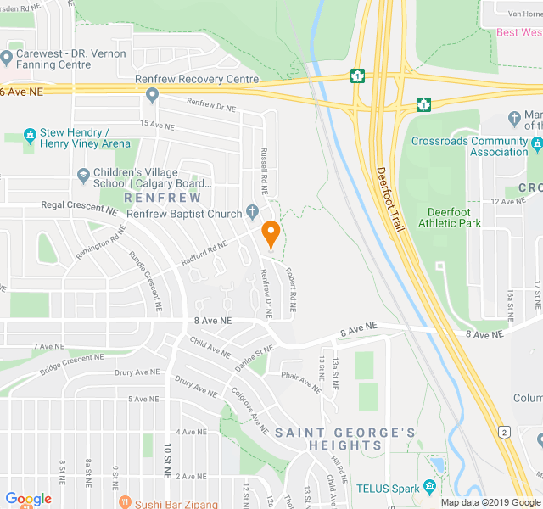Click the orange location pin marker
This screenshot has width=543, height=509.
(x=271, y=233)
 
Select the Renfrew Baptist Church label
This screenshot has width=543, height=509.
(x=184, y=214)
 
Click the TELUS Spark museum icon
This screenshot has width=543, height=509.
(x=430, y=488)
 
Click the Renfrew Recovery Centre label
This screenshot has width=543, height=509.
(x=197, y=79)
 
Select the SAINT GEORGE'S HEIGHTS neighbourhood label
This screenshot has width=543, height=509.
(x=345, y=439)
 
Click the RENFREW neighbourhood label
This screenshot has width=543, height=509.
(x=162, y=198)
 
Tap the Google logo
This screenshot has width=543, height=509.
(x=28, y=499)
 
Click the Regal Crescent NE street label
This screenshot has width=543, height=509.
(x=78, y=207)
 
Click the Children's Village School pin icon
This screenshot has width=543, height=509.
(x=83, y=176)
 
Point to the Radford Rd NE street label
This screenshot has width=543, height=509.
(x=204, y=251)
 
